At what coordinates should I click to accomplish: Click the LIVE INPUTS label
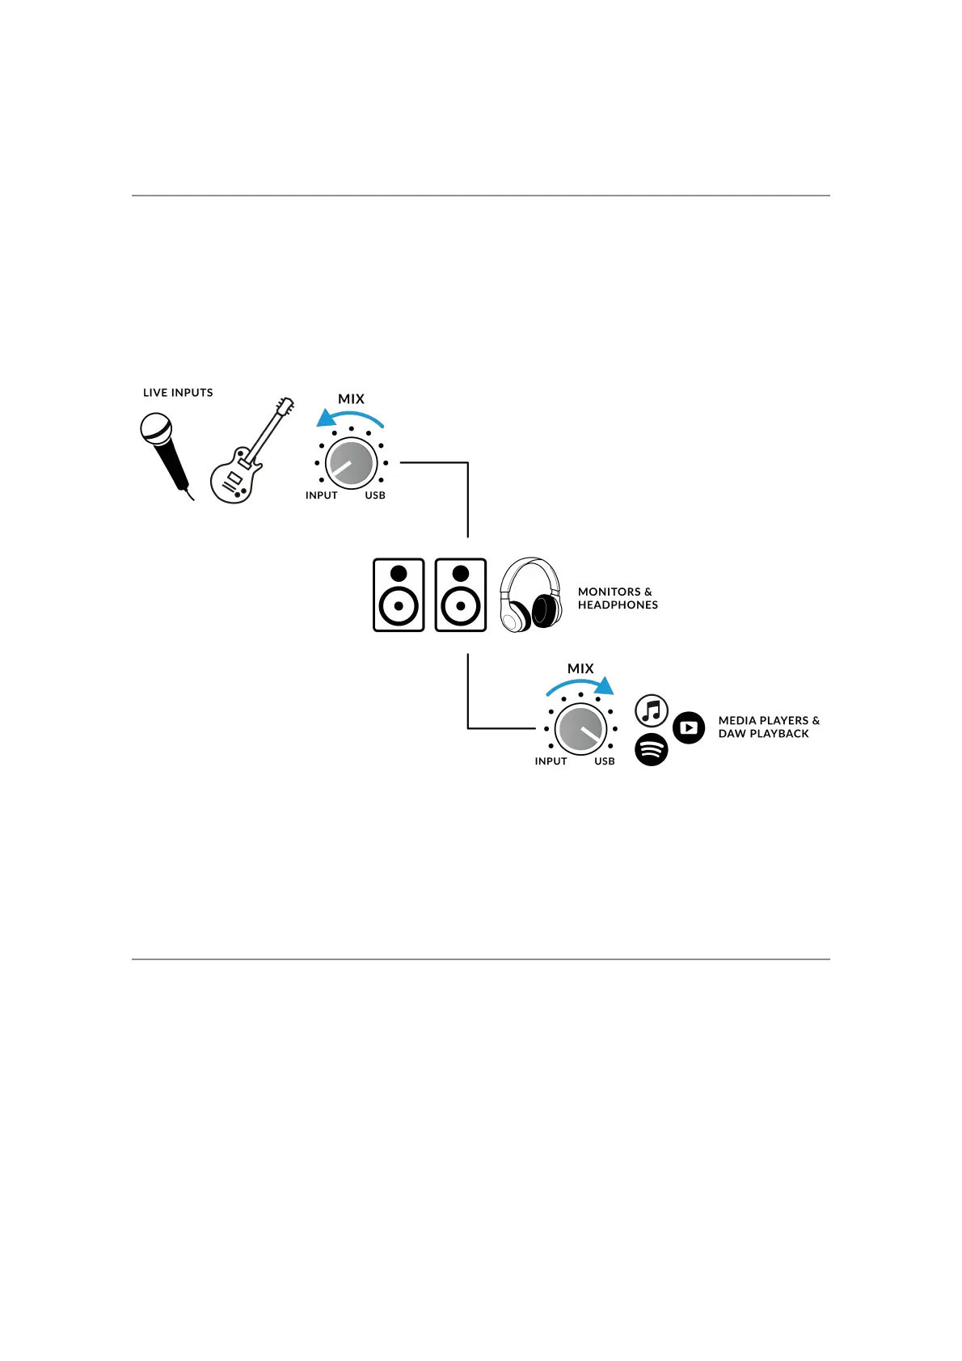tap(178, 393)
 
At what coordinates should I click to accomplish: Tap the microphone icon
tap(165, 452)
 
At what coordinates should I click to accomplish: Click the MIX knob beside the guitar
tap(351, 464)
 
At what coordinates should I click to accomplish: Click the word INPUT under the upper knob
tap(321, 495)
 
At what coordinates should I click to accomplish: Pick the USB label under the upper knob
tap(375, 495)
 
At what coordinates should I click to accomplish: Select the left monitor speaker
tap(399, 595)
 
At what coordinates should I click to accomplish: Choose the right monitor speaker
tap(461, 595)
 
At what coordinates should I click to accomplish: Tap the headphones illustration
tap(530, 595)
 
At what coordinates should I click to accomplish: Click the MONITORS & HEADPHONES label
tap(618, 598)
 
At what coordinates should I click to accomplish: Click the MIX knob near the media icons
tap(580, 729)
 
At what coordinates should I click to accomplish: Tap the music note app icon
tap(652, 711)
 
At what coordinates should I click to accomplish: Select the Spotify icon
tap(652, 750)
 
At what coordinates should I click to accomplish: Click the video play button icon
tap(689, 728)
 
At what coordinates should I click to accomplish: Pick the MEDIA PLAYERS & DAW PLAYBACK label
tap(768, 727)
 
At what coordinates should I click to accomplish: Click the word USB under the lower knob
tap(605, 761)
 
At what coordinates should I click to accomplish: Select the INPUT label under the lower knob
tap(551, 761)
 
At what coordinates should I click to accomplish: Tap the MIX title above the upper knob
tap(351, 399)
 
